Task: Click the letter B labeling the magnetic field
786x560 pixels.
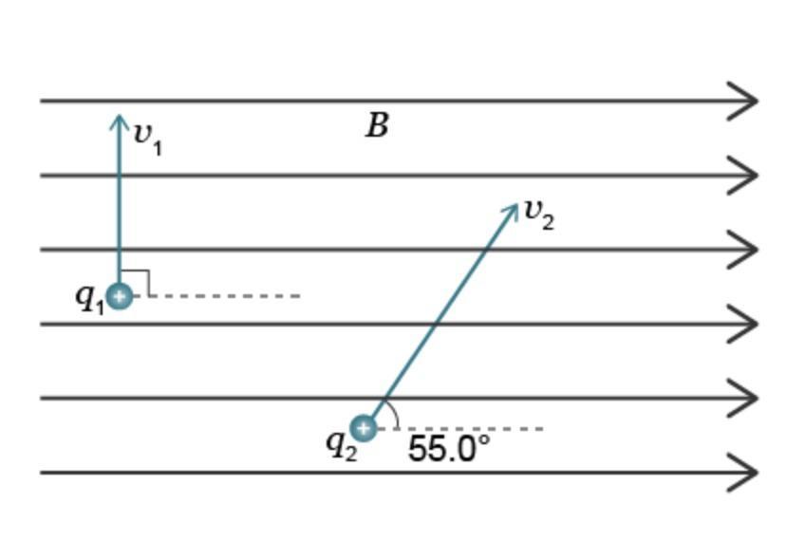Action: [378, 125]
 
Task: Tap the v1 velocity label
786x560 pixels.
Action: [148, 139]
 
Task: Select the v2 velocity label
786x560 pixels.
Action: [539, 215]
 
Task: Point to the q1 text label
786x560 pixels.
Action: [90, 299]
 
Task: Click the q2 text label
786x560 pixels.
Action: [342, 446]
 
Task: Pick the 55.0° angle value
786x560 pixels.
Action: [449, 448]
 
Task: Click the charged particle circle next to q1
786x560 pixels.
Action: [120, 296]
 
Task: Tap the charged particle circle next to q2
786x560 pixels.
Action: [364, 429]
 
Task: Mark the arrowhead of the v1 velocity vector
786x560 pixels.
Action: [119, 121]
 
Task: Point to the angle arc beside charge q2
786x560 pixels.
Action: [395, 413]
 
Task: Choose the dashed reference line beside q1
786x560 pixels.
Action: [216, 296]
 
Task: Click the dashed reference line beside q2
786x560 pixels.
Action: [460, 429]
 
